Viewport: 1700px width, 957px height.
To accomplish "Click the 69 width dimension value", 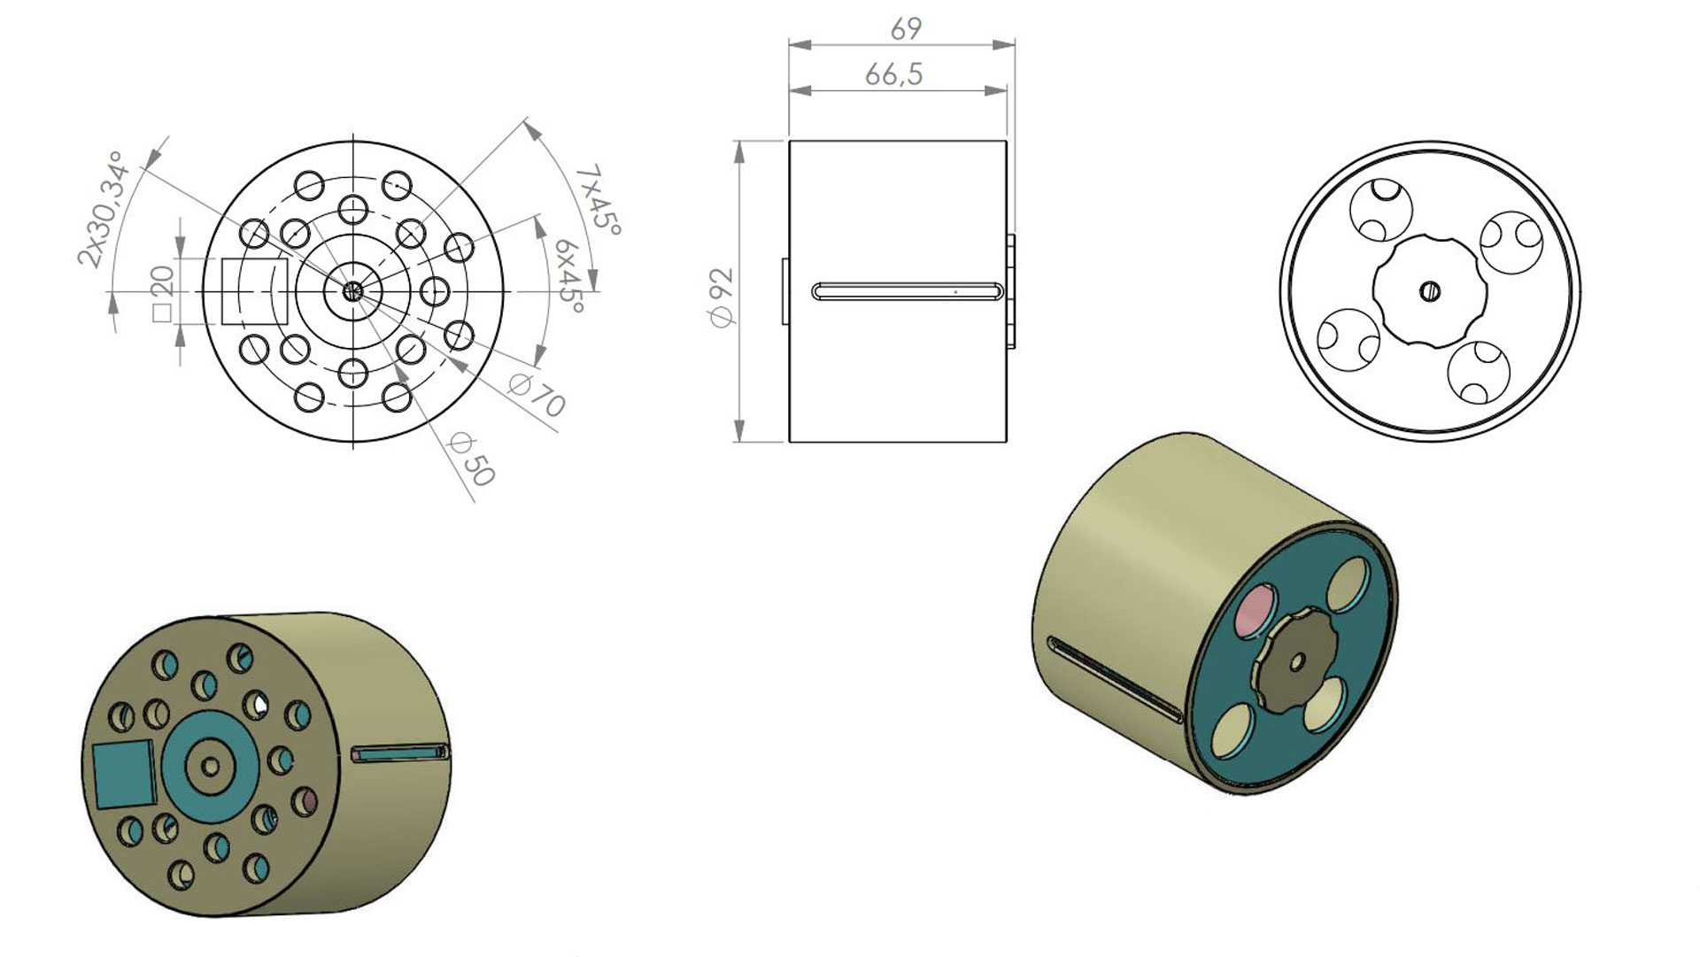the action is point(906,29).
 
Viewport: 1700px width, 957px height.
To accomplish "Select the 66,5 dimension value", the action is point(894,74).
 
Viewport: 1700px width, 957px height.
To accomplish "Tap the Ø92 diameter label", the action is point(722,297).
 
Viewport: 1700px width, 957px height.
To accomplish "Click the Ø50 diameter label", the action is point(470,459).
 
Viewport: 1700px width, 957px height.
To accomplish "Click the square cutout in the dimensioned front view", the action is point(254,291).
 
